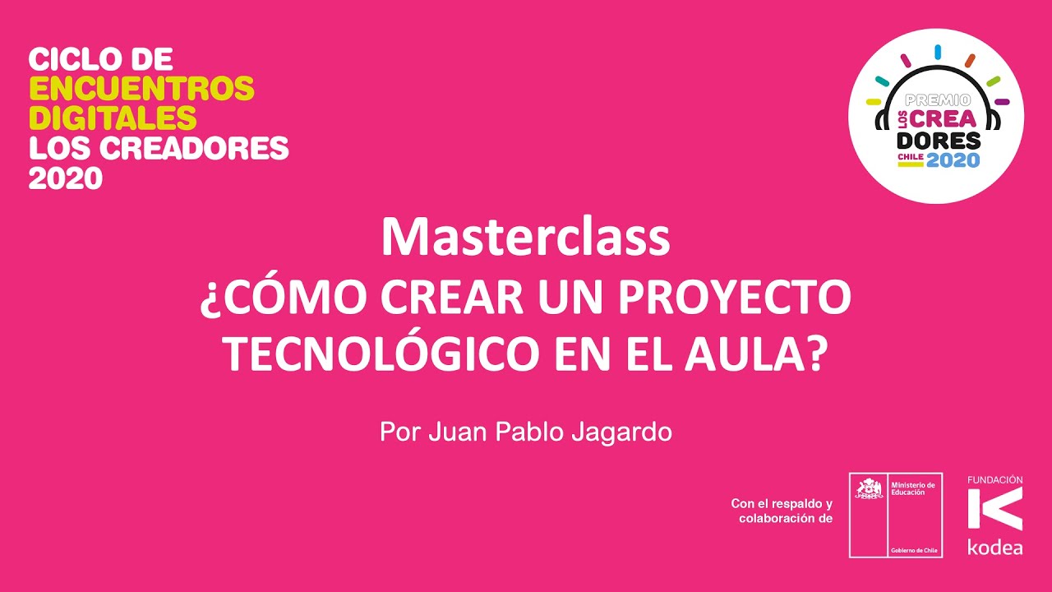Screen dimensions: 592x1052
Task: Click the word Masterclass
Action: coord(525,237)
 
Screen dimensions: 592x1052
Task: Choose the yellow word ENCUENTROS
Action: coord(141,88)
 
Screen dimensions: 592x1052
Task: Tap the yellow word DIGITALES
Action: coord(113,118)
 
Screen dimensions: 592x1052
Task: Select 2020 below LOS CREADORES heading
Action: coord(65,178)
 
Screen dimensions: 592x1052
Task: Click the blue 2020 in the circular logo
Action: coord(953,160)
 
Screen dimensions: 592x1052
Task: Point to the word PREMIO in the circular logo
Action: coord(936,99)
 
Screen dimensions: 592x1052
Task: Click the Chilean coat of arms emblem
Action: coord(868,490)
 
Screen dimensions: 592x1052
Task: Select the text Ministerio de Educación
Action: coord(912,488)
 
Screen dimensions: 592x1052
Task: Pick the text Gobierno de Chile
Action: coord(914,549)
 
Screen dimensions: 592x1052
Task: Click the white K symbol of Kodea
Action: coord(994,508)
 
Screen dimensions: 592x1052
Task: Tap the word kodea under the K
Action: coord(994,547)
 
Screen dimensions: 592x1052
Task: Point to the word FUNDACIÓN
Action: coord(994,479)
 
